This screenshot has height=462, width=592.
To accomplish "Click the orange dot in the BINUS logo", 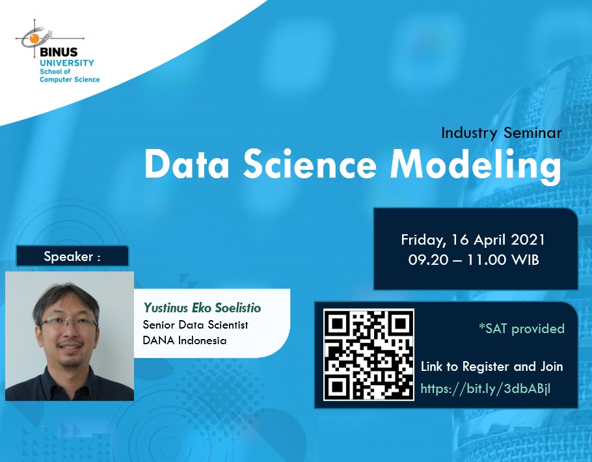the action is click(34, 38).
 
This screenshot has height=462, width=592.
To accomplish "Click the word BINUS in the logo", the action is click(59, 52).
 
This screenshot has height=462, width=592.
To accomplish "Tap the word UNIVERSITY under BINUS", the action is click(67, 62).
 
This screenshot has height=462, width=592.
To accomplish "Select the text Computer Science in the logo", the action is click(70, 79).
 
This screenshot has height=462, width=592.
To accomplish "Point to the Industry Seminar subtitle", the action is click(502, 133).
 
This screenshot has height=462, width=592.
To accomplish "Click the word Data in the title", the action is click(187, 165).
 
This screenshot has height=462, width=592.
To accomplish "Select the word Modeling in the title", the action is click(476, 166).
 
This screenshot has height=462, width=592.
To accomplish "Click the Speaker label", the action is click(72, 256).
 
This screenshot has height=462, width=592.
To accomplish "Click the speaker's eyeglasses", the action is click(68, 323).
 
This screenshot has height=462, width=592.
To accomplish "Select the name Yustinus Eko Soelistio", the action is click(202, 308).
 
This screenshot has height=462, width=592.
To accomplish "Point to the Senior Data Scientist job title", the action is click(196, 325).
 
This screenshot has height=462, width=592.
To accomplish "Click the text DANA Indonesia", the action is click(185, 340).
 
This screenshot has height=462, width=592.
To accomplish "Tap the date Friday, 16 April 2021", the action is click(473, 240).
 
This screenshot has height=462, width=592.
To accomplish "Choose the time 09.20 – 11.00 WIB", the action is click(474, 260).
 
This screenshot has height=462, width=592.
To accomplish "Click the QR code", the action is click(369, 355).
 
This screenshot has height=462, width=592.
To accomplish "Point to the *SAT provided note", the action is click(521, 329).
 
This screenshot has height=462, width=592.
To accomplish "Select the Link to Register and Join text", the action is click(492, 366).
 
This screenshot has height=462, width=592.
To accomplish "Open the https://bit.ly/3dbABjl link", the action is click(485, 388).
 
